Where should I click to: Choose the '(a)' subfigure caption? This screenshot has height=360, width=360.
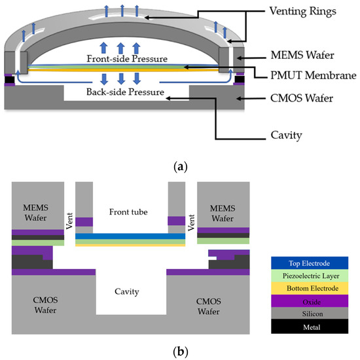(x=179, y=167)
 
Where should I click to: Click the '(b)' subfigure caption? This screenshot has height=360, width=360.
(x=179, y=352)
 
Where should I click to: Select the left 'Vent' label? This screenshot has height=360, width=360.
(x=71, y=214)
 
